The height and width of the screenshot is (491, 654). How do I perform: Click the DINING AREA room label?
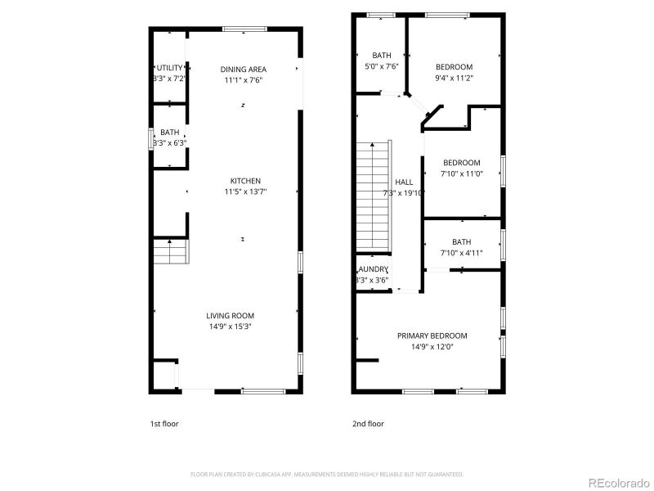point(244,70)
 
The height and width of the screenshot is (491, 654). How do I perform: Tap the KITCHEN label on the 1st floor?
point(245,181)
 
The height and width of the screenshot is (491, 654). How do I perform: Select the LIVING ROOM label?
point(230,316)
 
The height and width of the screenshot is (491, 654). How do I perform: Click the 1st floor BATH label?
point(170,133)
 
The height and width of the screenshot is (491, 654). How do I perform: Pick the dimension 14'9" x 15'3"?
point(230,327)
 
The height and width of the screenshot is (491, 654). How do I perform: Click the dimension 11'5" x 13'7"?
point(245,191)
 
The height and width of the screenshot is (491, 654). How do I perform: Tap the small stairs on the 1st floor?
point(170,251)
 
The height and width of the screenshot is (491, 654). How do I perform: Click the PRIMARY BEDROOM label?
point(432,336)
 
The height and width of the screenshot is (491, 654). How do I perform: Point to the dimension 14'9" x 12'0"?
point(432,346)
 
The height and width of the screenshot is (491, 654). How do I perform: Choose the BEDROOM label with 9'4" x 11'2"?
point(454,67)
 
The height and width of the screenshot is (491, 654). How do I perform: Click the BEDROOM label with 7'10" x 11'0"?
point(461,163)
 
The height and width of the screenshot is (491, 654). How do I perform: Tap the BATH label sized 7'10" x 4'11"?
point(461,241)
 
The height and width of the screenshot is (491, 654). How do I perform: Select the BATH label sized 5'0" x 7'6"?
point(383,56)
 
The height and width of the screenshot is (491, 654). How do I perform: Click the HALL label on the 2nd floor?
point(404,182)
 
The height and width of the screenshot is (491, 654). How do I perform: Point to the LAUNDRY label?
point(373,269)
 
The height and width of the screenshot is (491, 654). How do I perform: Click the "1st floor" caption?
point(163,424)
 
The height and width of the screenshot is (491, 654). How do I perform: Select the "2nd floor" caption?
point(368,424)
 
